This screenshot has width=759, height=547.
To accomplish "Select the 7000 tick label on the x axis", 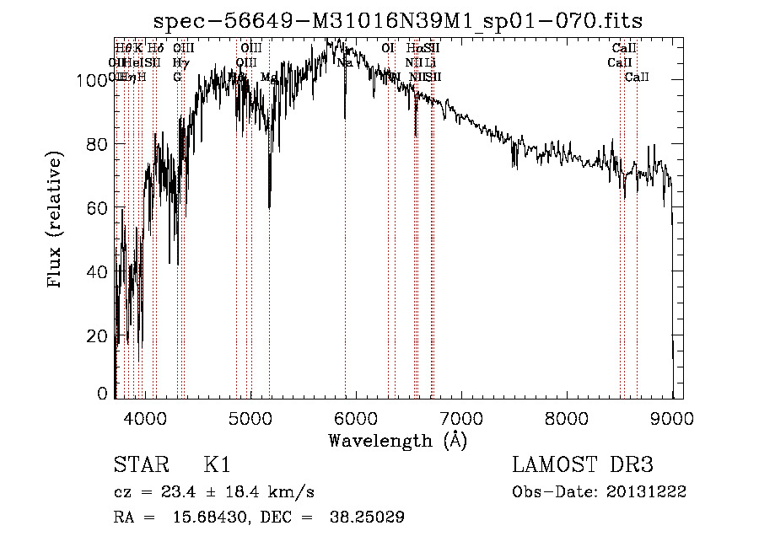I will click(x=460, y=418).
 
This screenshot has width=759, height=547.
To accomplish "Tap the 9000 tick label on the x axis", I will click(x=671, y=418).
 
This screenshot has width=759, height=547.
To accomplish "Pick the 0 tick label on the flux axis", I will click(x=103, y=393).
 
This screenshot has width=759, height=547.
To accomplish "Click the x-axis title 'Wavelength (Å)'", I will click(x=398, y=440).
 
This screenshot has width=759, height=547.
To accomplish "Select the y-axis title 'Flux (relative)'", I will click(x=57, y=221).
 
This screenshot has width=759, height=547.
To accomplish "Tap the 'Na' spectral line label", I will click(x=344, y=62).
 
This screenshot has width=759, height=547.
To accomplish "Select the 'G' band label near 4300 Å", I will click(x=177, y=78).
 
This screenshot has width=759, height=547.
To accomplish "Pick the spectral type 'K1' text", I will click(x=217, y=465).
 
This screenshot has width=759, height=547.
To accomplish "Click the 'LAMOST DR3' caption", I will click(x=582, y=465).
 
